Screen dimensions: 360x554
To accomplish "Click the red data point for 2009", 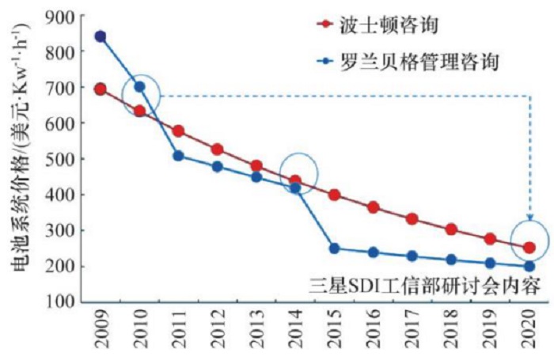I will coord(101,89).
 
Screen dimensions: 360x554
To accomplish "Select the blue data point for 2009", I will coord(101,36).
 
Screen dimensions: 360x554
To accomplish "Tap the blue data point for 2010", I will coord(140,86).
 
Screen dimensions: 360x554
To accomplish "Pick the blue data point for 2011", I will coord(179,156).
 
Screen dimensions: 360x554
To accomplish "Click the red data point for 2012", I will coord(218,149).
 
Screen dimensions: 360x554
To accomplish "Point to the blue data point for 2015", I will coord(335,248).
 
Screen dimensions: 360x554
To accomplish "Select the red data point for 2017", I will coord(412,218).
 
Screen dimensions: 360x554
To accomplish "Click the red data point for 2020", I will coord(529,247).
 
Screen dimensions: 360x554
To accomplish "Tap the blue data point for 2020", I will coord(529,267).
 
